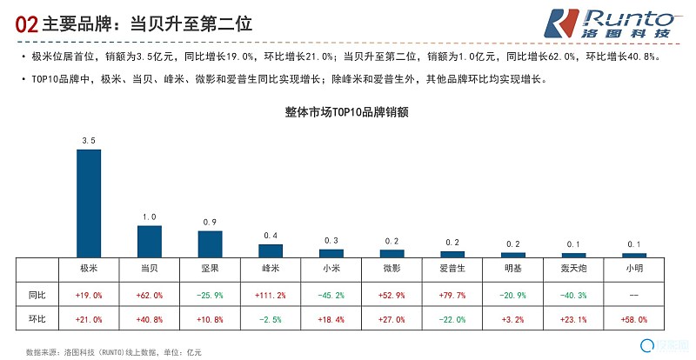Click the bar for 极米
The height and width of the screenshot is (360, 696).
click(x=89, y=203)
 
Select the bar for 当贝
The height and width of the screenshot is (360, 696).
click(x=150, y=241)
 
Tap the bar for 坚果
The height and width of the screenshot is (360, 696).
click(x=210, y=243)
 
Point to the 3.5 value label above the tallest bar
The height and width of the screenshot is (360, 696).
click(x=89, y=140)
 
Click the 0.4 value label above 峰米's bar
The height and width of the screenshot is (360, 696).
click(x=271, y=236)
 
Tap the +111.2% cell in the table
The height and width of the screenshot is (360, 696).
click(x=271, y=295)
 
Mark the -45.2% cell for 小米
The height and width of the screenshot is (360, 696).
click(x=331, y=295)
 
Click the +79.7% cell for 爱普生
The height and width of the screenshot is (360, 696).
click(x=452, y=295)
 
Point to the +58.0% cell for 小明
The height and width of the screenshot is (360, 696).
click(x=634, y=319)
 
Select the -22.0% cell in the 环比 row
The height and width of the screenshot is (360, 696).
click(x=452, y=319)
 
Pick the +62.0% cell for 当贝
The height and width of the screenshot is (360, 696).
click(x=150, y=295)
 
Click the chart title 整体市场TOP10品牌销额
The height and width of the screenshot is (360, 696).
click(x=347, y=111)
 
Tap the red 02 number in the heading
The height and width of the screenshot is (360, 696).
click(x=26, y=25)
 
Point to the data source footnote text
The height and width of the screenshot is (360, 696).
click(x=114, y=352)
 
